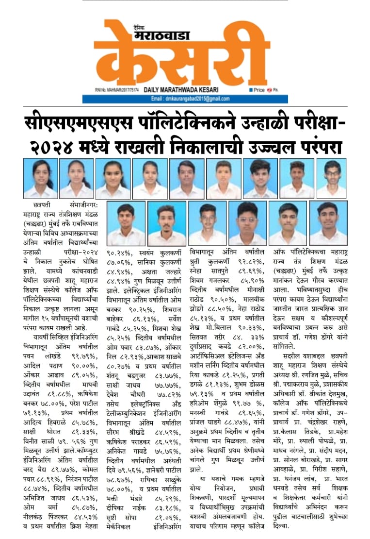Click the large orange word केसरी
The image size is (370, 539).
(182, 56)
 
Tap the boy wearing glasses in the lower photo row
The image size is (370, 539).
(247, 223)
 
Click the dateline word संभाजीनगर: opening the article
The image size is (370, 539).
(79, 205)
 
